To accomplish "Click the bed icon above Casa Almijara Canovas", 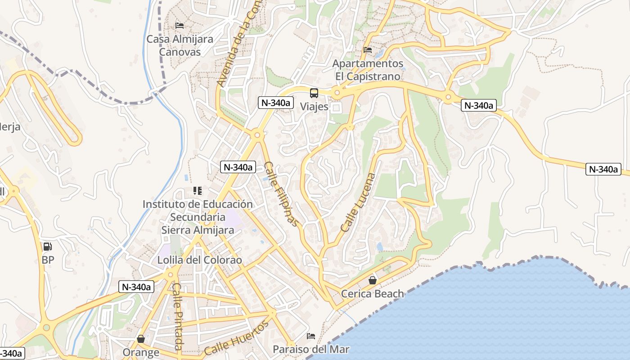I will click(180, 26).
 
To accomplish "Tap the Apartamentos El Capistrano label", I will click(368, 70).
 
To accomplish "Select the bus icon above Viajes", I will click(314, 93).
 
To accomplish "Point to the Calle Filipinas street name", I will click(281, 193).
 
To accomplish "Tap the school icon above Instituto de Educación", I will click(198, 191).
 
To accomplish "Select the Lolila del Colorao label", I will click(199, 260).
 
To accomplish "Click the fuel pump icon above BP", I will click(47, 246).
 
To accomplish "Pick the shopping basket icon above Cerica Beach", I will click(373, 280).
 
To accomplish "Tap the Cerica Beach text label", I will click(373, 294).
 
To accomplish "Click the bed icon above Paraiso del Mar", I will click(311, 336).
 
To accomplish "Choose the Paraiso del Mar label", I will click(311, 349).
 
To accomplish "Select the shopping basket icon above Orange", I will click(141, 339).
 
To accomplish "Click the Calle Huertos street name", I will click(236, 338).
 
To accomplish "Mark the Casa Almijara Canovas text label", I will click(180, 45).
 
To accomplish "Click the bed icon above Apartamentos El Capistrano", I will click(368, 50).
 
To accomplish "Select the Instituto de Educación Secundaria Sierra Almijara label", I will click(198, 217).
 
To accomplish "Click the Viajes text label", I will click(314, 107).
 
